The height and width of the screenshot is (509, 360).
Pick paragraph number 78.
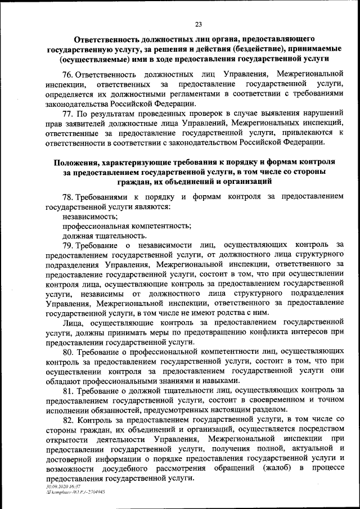[x=67, y=197]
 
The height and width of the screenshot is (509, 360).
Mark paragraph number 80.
[x=67, y=352]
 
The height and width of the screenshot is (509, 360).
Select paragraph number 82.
[x=67, y=419]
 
